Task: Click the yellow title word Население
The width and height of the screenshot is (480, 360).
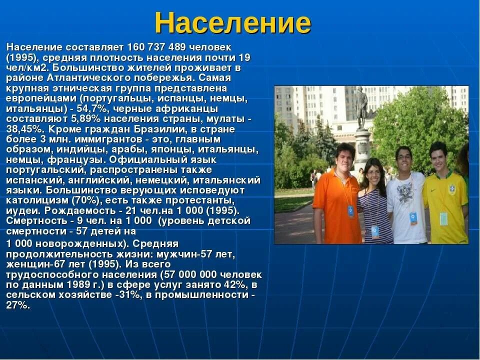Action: pos(232,23)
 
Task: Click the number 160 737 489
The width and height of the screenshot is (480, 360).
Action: pos(156,47)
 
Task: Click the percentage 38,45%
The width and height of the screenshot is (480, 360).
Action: pos(22,129)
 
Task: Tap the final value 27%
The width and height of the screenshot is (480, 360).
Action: pos(18,305)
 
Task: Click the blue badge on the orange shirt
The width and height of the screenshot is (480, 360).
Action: pos(350,211)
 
